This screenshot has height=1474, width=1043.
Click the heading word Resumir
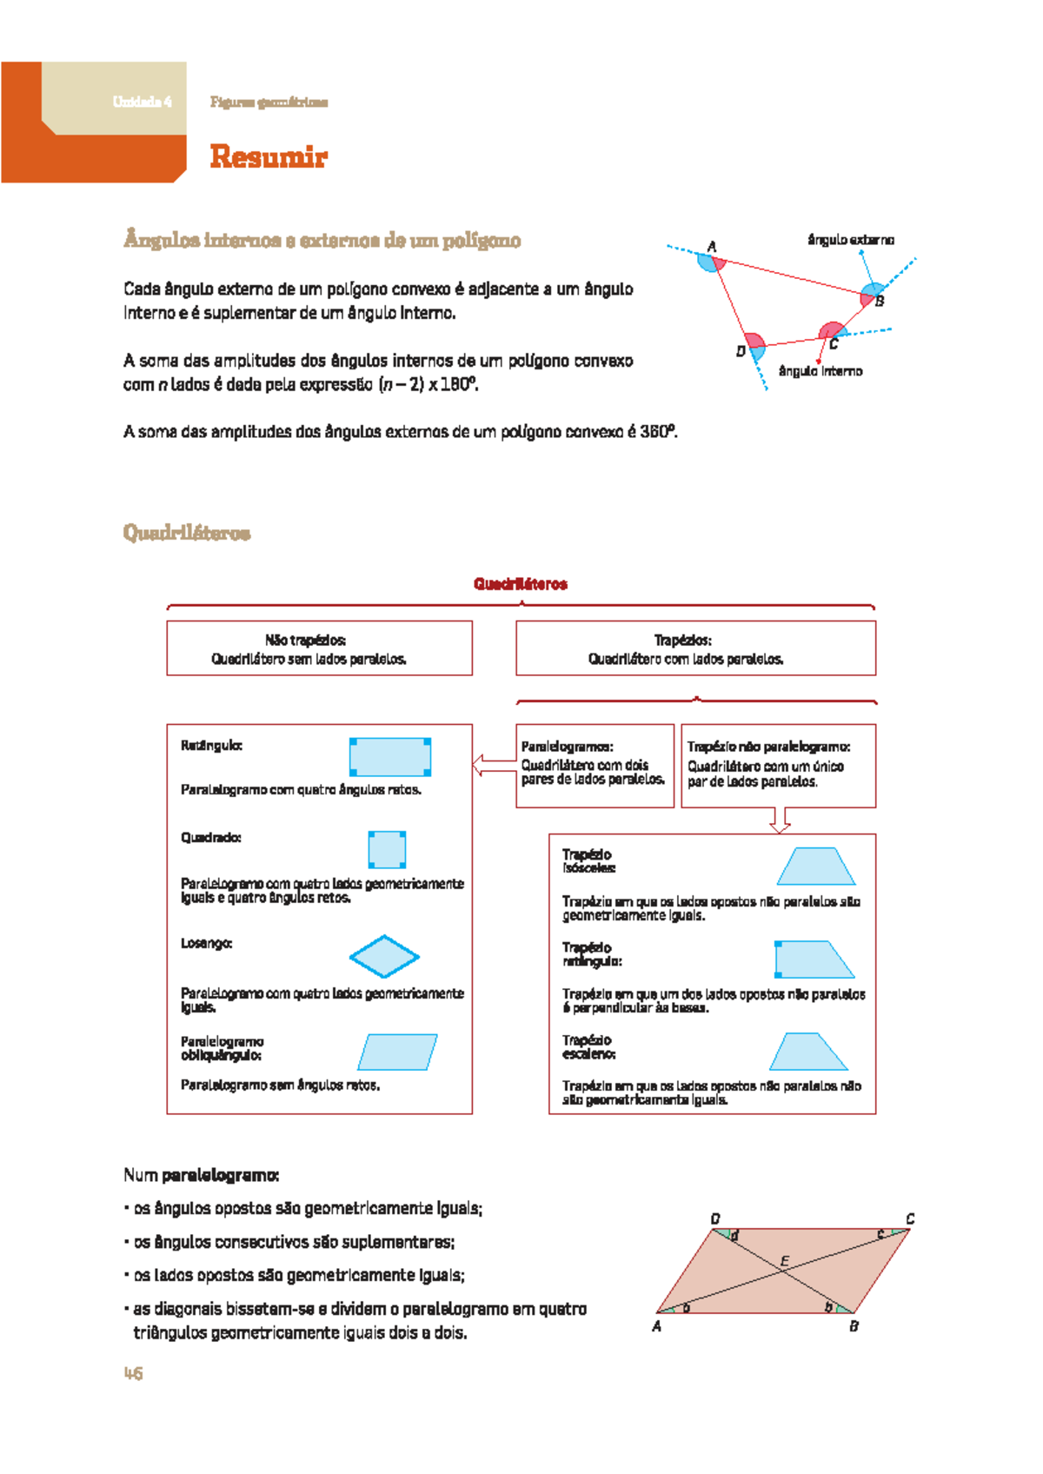click(x=268, y=157)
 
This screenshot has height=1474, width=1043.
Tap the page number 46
click(x=133, y=1373)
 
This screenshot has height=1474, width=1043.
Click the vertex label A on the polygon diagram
click(x=712, y=247)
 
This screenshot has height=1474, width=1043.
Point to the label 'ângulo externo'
click(x=850, y=240)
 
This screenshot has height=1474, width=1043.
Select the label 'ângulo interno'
click(x=820, y=371)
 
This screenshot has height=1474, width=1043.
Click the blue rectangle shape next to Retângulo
click(x=390, y=756)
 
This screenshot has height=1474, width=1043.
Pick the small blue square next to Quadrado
click(x=387, y=849)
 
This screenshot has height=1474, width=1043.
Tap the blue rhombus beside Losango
click(x=384, y=957)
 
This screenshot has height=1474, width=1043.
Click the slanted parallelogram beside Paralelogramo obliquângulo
click(x=397, y=1052)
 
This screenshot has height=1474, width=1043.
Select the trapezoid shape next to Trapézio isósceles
click(x=816, y=866)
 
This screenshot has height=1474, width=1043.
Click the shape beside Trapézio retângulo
click(x=812, y=959)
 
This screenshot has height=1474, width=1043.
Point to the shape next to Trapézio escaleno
click(x=808, y=1052)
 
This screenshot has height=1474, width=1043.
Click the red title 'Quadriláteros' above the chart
click(x=520, y=584)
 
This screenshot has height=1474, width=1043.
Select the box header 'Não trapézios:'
click(x=305, y=641)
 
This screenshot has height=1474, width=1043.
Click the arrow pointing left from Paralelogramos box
click(x=492, y=766)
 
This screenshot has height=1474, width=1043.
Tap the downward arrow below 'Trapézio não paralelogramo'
click(x=780, y=820)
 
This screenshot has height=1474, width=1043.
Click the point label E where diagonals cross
click(x=784, y=1260)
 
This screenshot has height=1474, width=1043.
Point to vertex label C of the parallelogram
click(x=910, y=1218)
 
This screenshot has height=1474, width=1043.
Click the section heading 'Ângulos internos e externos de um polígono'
click(x=322, y=241)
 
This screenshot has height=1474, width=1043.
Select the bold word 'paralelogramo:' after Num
click(x=220, y=1175)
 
